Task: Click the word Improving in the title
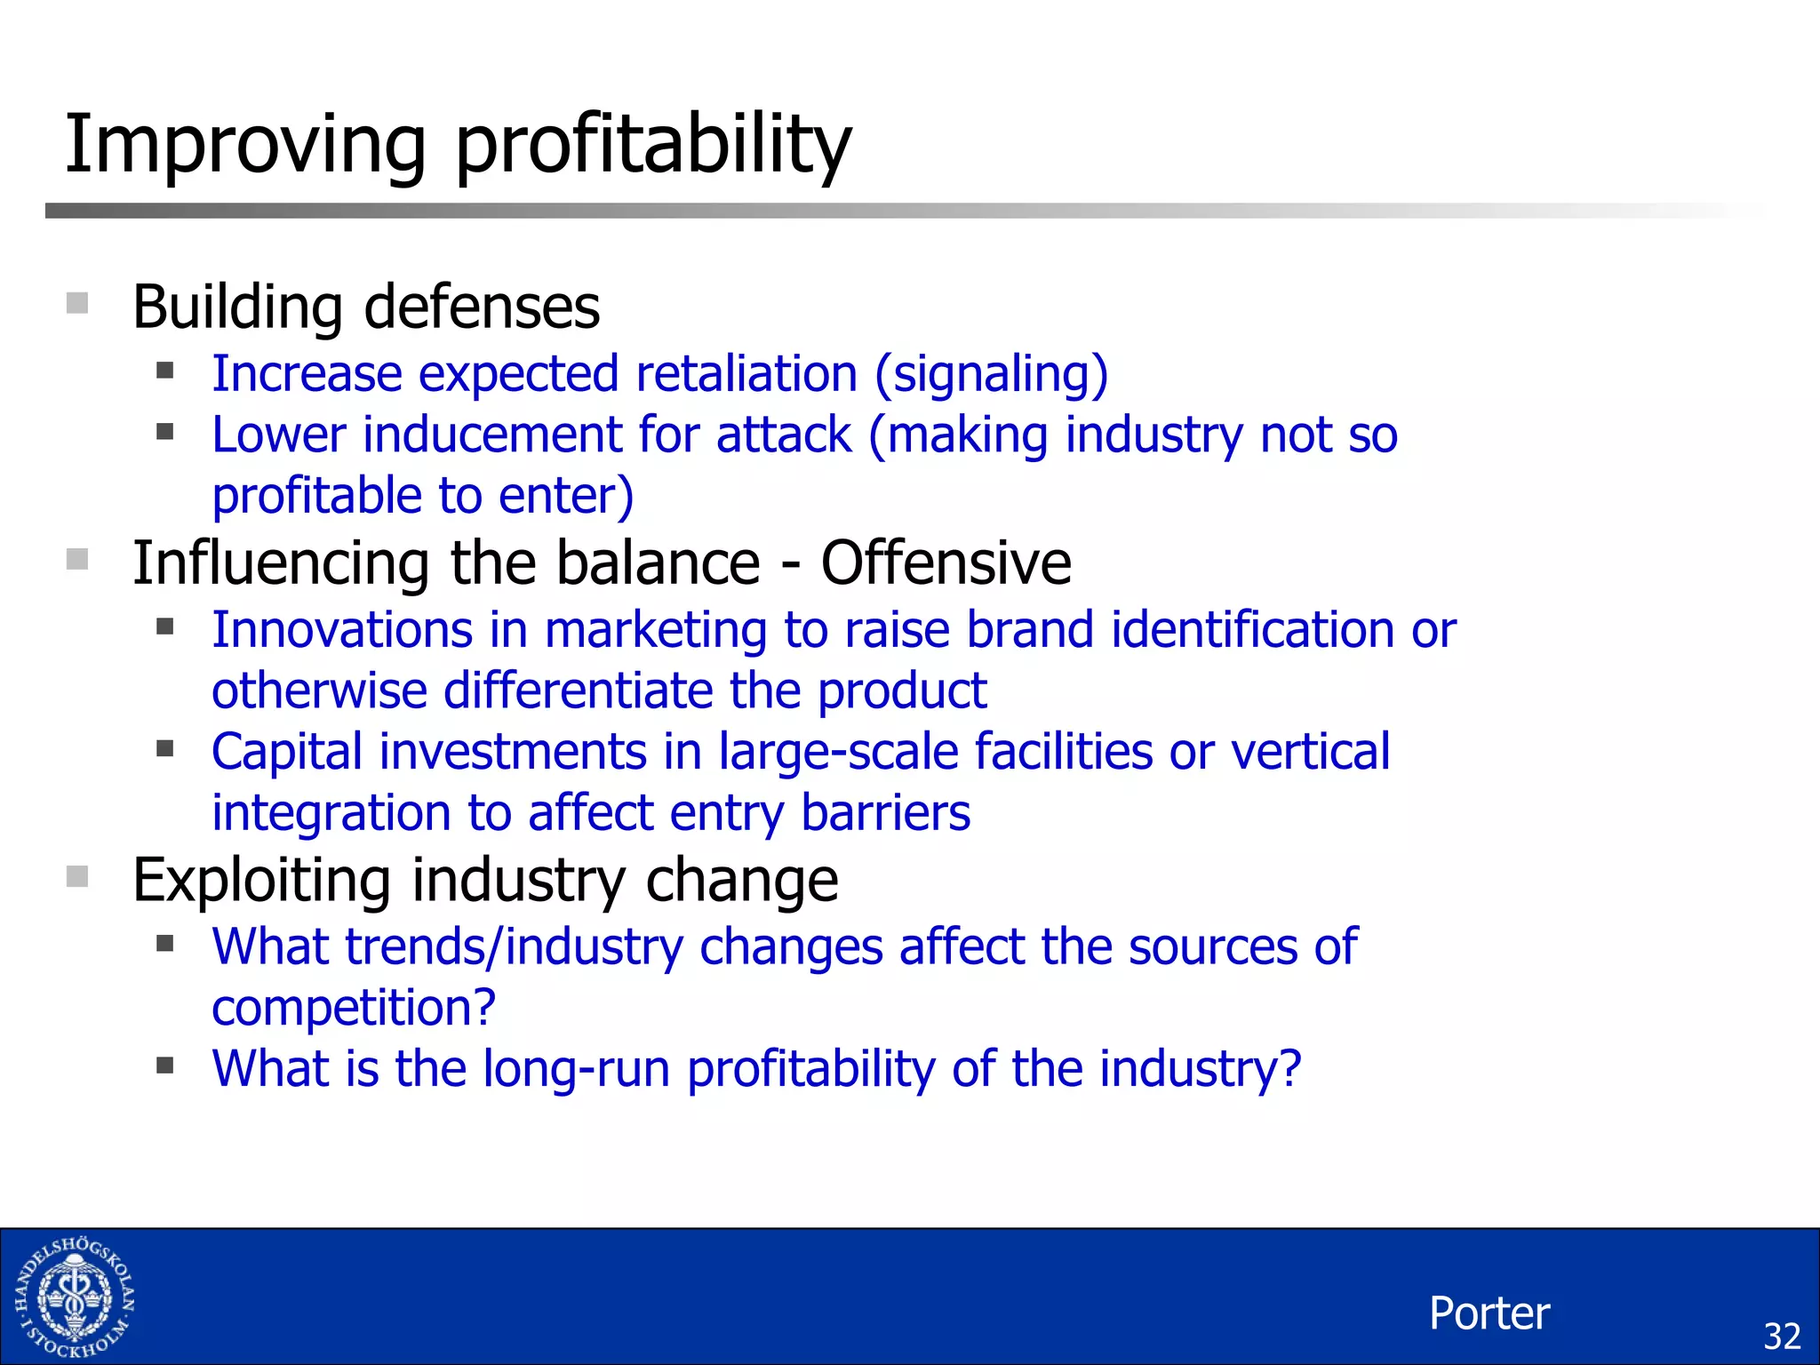pos(245,144)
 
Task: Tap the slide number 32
pos(1781,1337)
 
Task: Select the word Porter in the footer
pos(1489,1313)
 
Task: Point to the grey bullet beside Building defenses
pos(77,304)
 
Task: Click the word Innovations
pos(342,630)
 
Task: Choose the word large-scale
pos(838,752)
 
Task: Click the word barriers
pos(885,813)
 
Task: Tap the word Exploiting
pos(261,880)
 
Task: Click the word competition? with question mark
pos(354,1008)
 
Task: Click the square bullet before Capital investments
pos(164,748)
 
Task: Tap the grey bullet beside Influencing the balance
pos(77,560)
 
